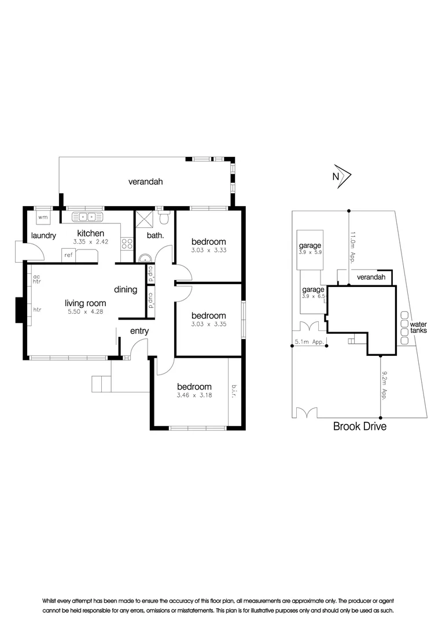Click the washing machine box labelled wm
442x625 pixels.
click(43, 217)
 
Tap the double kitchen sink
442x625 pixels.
click(87, 217)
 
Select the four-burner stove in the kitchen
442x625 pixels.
click(127, 244)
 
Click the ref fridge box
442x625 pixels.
click(68, 255)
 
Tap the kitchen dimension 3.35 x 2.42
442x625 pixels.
click(91, 241)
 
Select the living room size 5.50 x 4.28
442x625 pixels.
click(85, 312)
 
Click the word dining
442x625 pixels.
click(126, 289)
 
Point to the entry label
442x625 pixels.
click(139, 331)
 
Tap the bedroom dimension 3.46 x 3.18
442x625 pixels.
click(194, 395)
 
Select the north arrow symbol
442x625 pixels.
click(342, 176)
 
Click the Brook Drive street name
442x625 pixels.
click(360, 426)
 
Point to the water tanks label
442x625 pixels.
click(418, 327)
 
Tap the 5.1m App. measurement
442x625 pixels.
click(310, 341)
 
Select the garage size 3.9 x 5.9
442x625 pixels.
click(310, 252)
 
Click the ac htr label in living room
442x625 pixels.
click(36, 279)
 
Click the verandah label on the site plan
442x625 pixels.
click(371, 277)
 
